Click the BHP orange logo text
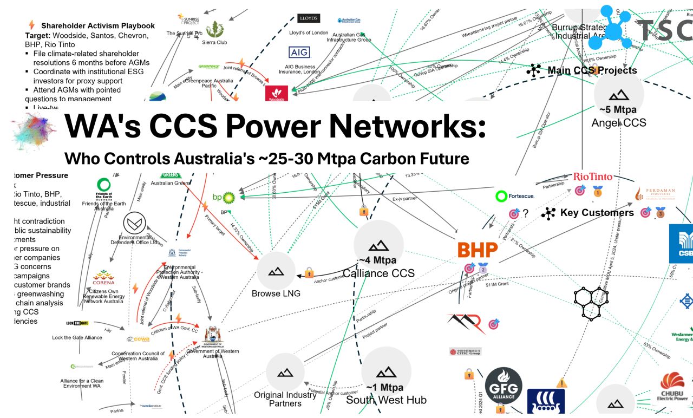tap(478, 250)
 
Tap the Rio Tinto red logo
tap(593, 177)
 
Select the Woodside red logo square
tap(276, 93)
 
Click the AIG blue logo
tap(299, 53)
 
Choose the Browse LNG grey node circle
tap(276, 270)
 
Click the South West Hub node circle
tap(386, 372)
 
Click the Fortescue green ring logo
tap(501, 196)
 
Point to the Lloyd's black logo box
tap(309, 18)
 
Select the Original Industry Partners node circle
tap(285, 373)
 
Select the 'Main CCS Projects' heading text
tap(592, 70)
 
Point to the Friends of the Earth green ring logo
tap(104, 184)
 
